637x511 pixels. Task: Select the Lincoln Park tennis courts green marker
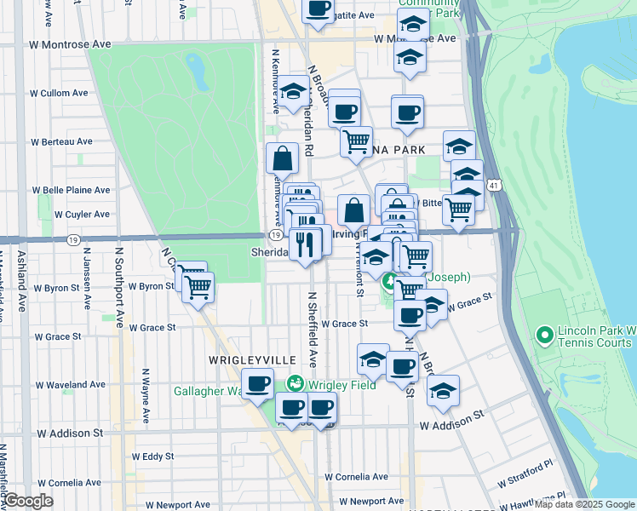coord(543,336)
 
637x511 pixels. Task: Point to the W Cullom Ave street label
coord(60,93)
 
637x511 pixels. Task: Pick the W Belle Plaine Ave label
coord(72,190)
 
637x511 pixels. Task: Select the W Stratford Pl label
coord(525,467)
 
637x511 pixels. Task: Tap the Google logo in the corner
coord(29,501)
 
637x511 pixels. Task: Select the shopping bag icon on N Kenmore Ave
coord(282,158)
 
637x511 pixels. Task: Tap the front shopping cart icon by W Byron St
coord(198,288)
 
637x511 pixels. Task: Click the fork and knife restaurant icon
coord(305,244)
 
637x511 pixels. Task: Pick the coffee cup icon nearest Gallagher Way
coord(258,383)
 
